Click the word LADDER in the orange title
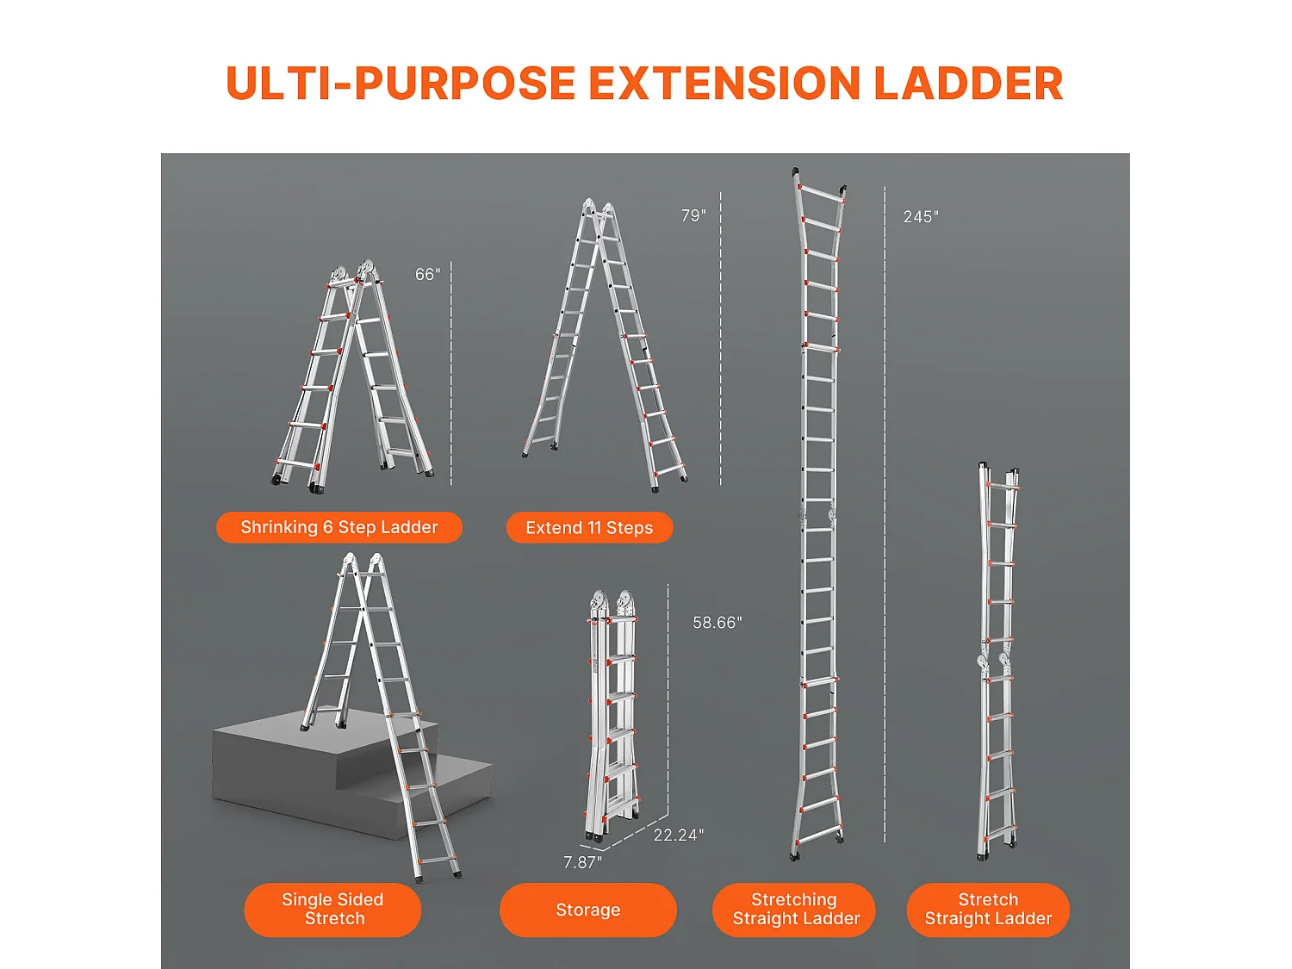point(968,83)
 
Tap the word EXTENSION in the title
point(724,83)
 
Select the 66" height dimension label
point(427,274)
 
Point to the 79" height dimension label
point(693,216)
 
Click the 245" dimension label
point(921,216)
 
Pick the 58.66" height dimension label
point(717,623)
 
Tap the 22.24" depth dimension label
point(678,835)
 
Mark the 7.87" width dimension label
point(582,862)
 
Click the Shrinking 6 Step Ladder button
point(339,527)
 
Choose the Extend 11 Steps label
point(589,528)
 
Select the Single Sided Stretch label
point(332,909)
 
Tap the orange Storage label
point(588,910)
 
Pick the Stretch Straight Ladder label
point(988,909)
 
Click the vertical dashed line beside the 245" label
point(885,515)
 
